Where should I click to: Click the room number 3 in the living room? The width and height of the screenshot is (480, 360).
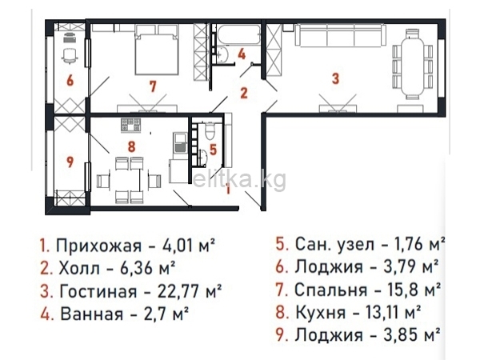(x=337, y=78)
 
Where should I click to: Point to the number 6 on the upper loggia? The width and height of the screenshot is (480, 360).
(x=70, y=80)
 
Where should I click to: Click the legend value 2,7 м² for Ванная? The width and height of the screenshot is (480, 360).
(x=164, y=309)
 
